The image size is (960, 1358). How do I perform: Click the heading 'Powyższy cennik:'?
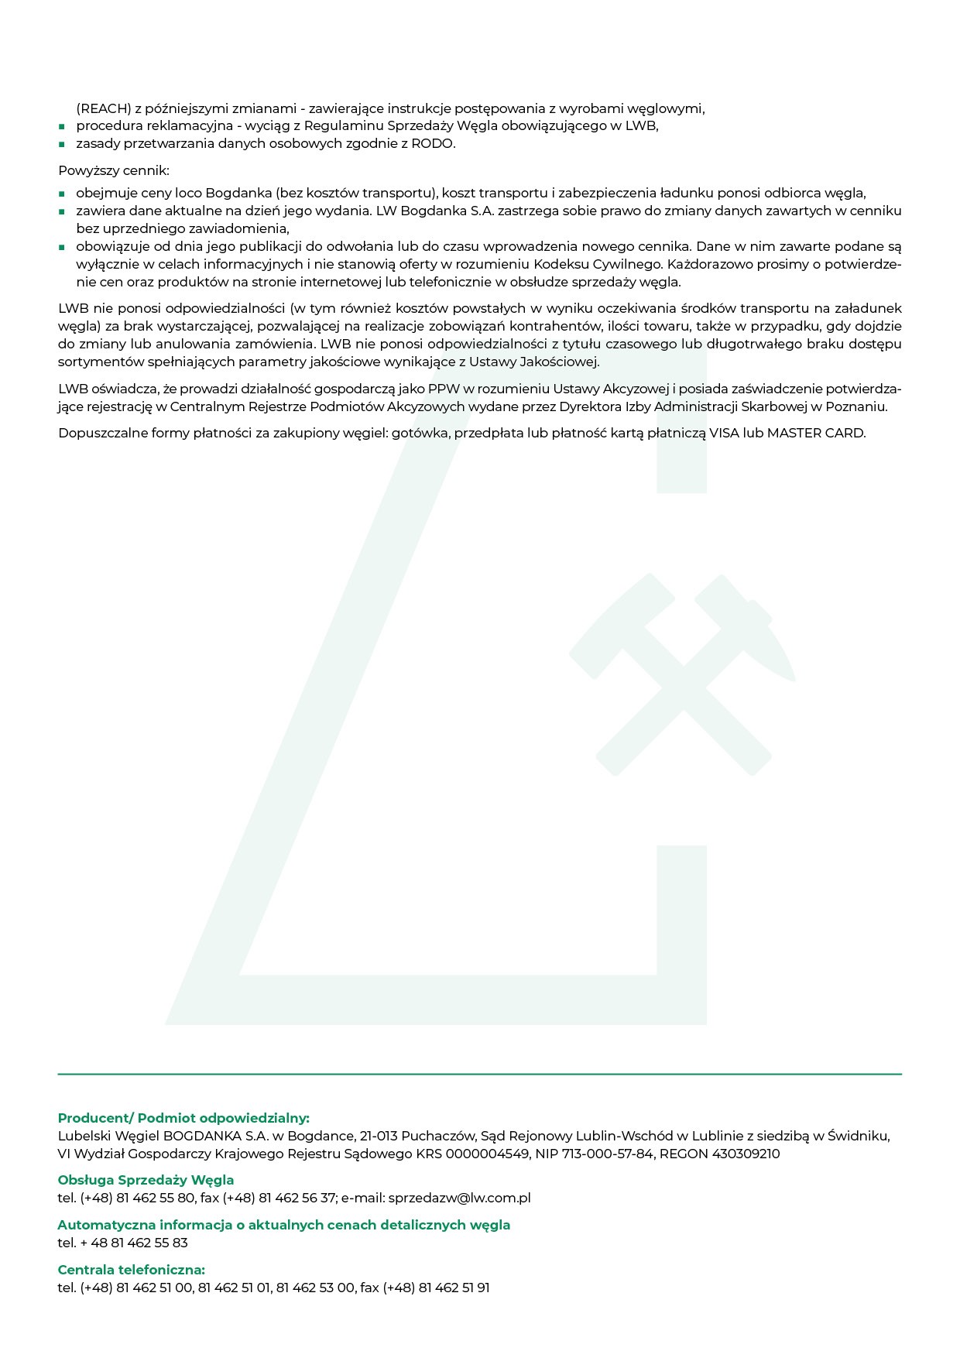click(113, 170)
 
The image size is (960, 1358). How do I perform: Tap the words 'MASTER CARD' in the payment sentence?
click(815, 433)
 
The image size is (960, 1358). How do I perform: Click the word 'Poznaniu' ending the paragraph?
click(860, 406)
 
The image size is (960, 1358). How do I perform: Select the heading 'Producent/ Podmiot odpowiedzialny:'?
click(183, 1118)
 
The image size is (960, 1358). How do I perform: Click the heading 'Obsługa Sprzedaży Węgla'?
click(146, 1180)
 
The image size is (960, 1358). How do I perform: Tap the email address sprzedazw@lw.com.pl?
click(459, 1198)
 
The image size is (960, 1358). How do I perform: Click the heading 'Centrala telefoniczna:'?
click(131, 1270)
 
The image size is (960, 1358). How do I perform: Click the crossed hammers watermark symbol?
click(683, 674)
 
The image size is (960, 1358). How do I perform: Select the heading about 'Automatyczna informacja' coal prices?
click(283, 1225)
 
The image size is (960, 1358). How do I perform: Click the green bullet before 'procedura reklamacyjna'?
click(61, 127)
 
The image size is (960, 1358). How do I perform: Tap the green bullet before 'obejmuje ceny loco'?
click(61, 194)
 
